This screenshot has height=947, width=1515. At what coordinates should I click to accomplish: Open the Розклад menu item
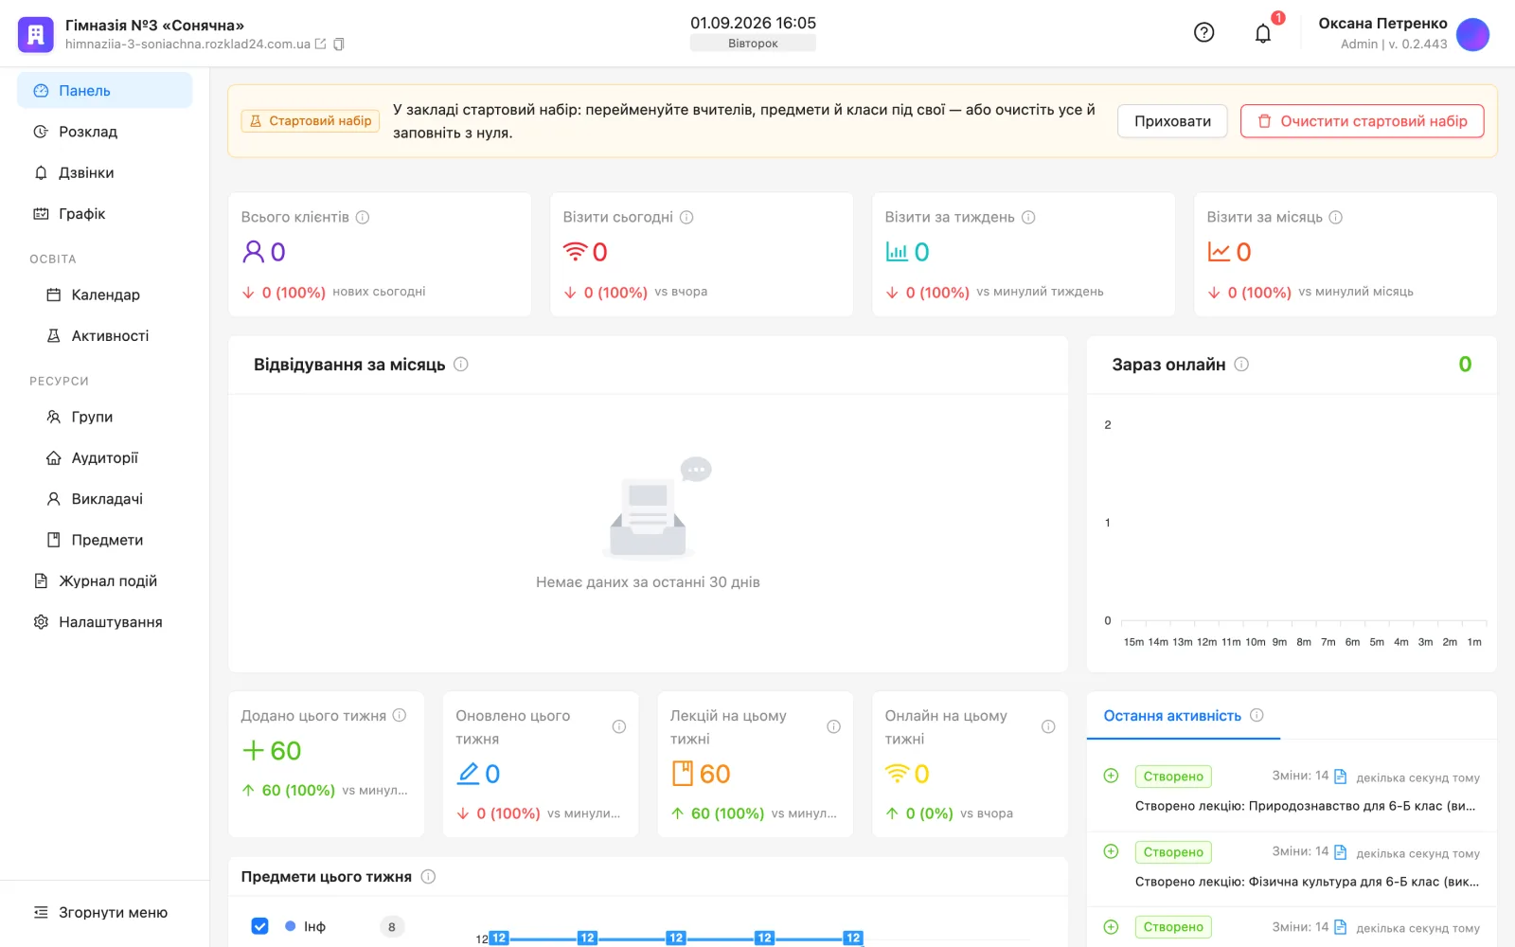tap(88, 132)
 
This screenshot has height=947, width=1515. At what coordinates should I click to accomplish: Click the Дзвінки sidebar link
tap(86, 172)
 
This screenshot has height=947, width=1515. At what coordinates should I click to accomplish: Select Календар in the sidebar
tap(105, 295)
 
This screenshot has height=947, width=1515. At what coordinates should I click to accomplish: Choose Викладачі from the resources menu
tap(107, 498)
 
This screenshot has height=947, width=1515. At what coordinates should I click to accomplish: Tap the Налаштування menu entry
tap(110, 621)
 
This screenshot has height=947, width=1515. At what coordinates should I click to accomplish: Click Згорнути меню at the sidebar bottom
tap(113, 912)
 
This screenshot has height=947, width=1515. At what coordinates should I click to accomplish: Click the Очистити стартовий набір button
tap(1363, 121)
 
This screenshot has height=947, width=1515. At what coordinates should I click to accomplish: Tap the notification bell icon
tap(1263, 33)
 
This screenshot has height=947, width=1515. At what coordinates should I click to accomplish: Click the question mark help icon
tap(1203, 32)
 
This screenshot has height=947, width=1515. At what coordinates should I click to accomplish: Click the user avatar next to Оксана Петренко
tap(1472, 34)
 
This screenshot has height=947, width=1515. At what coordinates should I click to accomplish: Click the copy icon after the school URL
tap(339, 44)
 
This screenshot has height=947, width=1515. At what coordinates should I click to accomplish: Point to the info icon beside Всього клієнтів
tap(363, 217)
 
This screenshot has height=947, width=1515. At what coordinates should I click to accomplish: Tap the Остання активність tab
tap(1172, 716)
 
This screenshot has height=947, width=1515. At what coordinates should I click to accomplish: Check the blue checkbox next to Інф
tap(259, 926)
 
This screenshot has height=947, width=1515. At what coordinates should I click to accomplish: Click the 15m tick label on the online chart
tap(1133, 642)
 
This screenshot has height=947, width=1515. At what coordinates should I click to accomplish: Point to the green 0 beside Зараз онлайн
tap(1465, 365)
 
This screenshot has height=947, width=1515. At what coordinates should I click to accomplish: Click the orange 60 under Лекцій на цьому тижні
tap(714, 774)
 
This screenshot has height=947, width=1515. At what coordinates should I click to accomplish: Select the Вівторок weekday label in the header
tap(753, 44)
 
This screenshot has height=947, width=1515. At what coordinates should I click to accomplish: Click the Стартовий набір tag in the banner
tap(311, 121)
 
